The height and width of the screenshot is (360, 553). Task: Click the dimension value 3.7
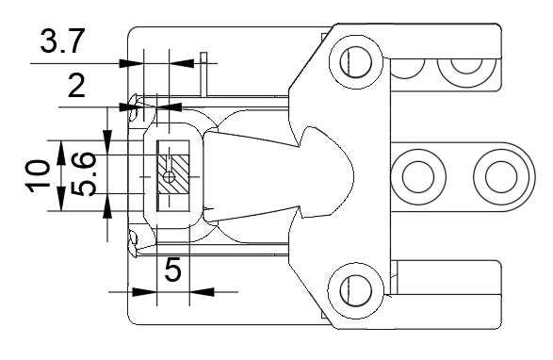tap(63, 41)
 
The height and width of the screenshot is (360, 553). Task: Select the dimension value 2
tap(76, 86)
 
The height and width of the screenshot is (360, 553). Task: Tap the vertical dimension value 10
tap(37, 176)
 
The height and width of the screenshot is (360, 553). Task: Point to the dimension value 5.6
tap(83, 173)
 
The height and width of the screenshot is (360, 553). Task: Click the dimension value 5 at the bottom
tap(172, 270)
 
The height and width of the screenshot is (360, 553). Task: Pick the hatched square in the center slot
tap(173, 173)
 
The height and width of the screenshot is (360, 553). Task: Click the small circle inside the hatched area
tap(170, 177)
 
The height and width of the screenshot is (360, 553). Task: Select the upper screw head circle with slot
tap(356, 62)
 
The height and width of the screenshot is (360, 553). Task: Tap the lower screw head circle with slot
tap(356, 290)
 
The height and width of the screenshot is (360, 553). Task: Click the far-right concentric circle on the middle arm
tap(501, 177)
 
